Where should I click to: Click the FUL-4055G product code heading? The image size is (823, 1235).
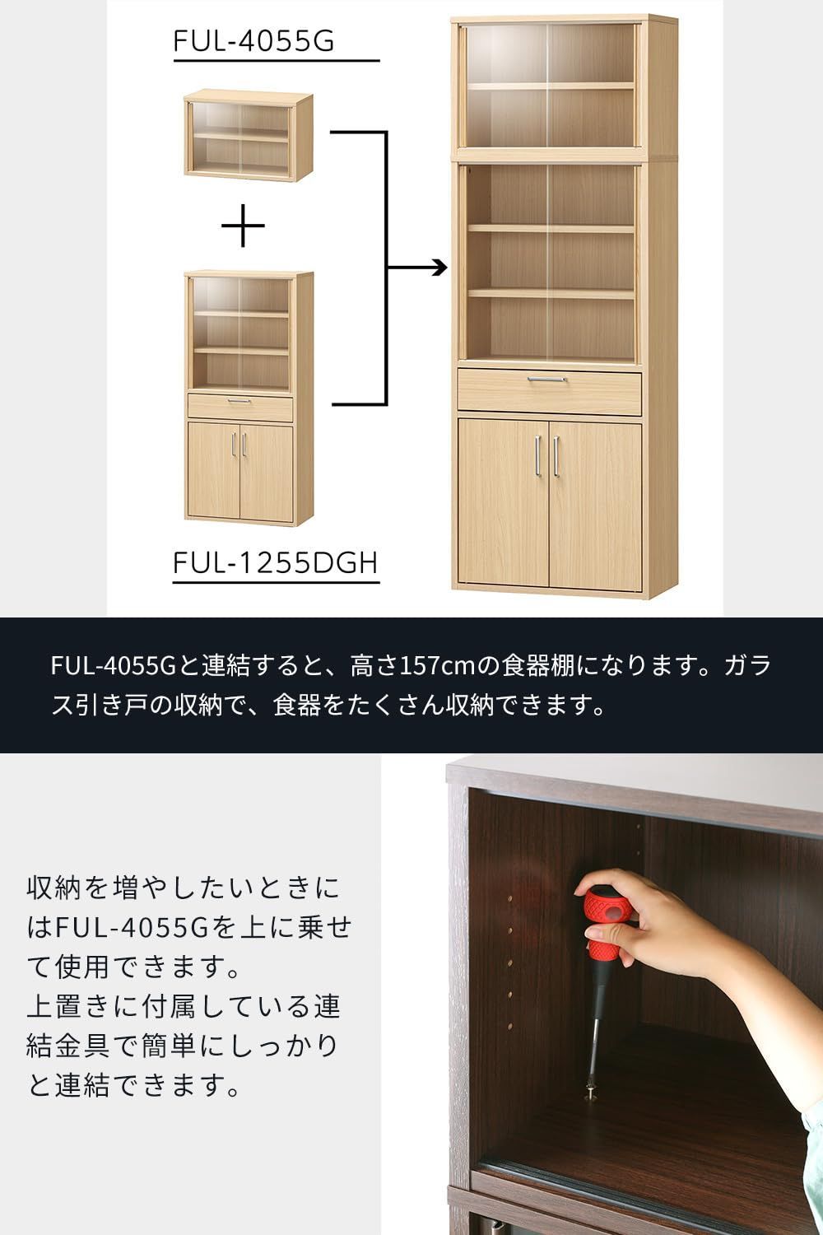click(x=253, y=40)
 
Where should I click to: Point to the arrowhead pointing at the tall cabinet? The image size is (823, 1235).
click(x=439, y=268)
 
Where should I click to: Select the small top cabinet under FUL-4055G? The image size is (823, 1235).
click(x=248, y=136)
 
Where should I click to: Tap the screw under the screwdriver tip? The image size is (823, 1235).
click(x=589, y=1094)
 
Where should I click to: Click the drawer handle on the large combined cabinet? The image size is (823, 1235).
click(x=547, y=380)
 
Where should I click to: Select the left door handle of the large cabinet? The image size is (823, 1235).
click(x=537, y=455)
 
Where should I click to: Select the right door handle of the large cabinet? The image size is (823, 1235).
click(x=557, y=455)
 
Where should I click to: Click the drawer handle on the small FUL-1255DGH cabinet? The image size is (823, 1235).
click(x=239, y=401)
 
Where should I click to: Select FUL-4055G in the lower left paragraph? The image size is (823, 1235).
click(x=133, y=927)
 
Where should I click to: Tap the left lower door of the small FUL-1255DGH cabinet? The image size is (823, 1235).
click(x=213, y=470)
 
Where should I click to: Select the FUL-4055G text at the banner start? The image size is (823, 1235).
click(x=114, y=665)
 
